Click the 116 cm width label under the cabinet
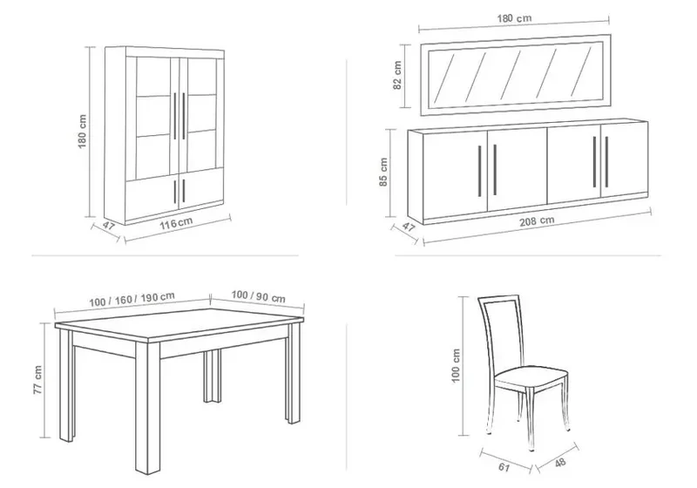click(177, 222)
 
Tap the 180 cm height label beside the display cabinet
click(82, 132)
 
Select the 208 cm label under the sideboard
click(537, 220)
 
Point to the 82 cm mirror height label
click(397, 75)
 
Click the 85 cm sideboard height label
click(384, 172)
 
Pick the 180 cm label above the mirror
click(514, 18)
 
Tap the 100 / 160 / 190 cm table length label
click(132, 299)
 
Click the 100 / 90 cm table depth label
click(258, 296)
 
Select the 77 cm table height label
click(37, 380)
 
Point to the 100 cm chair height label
click(456, 366)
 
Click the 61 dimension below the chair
click(504, 467)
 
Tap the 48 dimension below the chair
click(560, 462)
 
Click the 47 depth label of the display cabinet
click(109, 226)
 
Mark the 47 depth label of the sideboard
click(409, 227)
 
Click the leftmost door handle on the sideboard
click(480, 171)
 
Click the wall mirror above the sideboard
click(516, 75)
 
